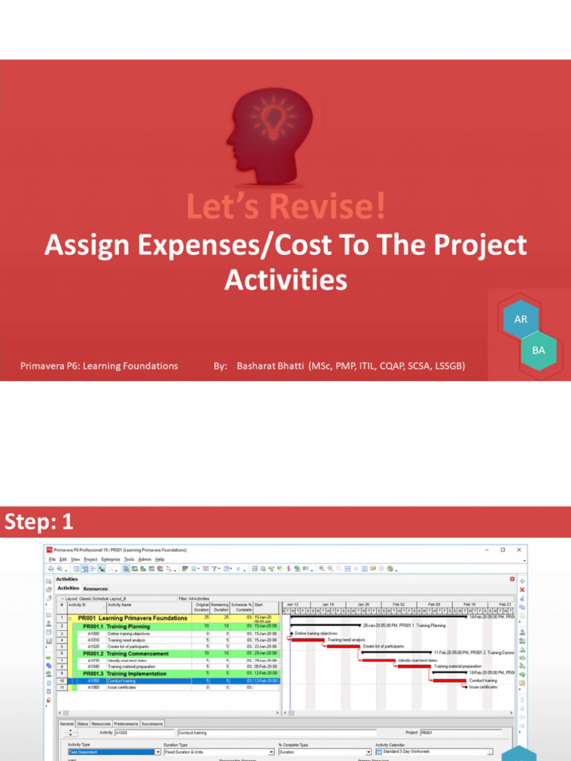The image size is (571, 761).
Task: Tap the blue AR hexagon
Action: pos(520,320)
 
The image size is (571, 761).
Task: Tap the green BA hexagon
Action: pos(538,349)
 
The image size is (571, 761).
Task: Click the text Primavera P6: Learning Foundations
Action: pos(99,366)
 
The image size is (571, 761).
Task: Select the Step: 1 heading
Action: pos(39,522)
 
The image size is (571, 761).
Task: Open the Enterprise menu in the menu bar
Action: pos(112,558)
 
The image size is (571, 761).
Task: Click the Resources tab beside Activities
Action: pos(95,589)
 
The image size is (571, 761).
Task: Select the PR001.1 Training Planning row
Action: pos(127,626)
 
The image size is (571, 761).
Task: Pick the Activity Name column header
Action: pos(120,605)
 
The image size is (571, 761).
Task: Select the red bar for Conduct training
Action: pos(451,680)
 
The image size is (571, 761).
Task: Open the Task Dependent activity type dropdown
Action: pos(158,752)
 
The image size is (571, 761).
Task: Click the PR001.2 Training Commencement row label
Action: pos(136,653)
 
